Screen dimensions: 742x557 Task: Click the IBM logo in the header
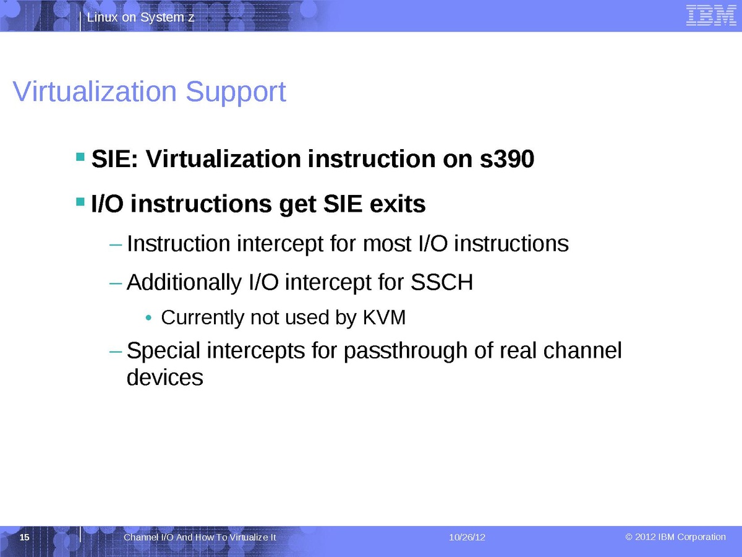pyautogui.click(x=711, y=15)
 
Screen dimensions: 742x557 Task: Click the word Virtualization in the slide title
pyautogui.click(x=95, y=92)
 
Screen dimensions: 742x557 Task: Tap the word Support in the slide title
pyautogui.click(x=236, y=93)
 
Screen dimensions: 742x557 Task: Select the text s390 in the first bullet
pyautogui.click(x=506, y=158)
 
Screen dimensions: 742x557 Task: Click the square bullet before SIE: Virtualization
pyautogui.click(x=80, y=157)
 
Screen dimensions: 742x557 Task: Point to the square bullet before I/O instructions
pyautogui.click(x=80, y=202)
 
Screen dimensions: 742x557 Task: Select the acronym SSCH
pyautogui.click(x=441, y=282)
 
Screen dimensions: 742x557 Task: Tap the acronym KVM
pyautogui.click(x=384, y=317)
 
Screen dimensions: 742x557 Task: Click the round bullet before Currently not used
pyautogui.click(x=148, y=318)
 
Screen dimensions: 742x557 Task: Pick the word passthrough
pyautogui.click(x=406, y=351)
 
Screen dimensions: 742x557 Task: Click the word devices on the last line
pyautogui.click(x=165, y=378)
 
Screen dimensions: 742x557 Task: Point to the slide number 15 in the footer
pyautogui.click(x=24, y=537)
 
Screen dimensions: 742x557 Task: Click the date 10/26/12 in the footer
pyautogui.click(x=467, y=537)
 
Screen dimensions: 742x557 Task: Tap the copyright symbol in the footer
pyautogui.click(x=629, y=537)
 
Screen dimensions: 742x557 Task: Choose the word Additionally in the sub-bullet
pyautogui.click(x=184, y=282)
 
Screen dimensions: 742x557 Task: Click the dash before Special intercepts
pyautogui.click(x=116, y=352)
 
